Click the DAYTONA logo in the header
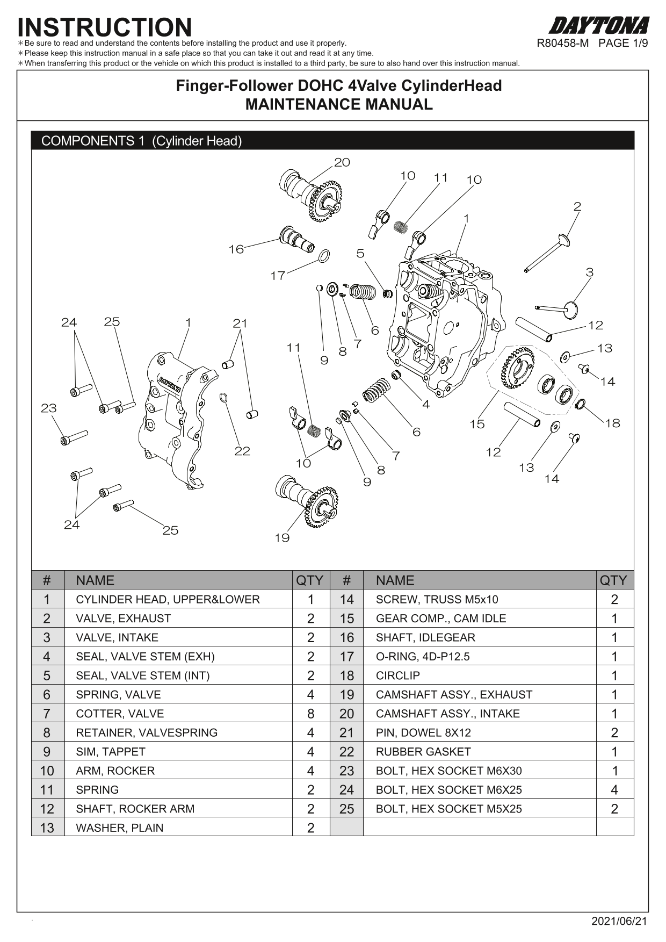[x=599, y=26]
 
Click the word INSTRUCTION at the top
[x=105, y=27]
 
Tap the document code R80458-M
[x=563, y=44]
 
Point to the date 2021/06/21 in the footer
[x=619, y=921]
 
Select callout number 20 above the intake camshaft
[x=342, y=162]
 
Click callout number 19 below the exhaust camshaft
[x=282, y=538]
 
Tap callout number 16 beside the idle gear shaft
[x=236, y=249]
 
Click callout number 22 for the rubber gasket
[x=242, y=451]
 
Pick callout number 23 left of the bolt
[x=49, y=408]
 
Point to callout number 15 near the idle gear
[x=477, y=424]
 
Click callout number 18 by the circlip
[x=613, y=423]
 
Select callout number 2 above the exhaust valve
[x=577, y=206]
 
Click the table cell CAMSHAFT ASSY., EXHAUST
[x=454, y=695]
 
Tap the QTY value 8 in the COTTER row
[x=310, y=714]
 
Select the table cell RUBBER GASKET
[x=423, y=752]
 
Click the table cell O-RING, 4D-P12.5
[x=423, y=657]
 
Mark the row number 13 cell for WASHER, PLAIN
[x=47, y=828]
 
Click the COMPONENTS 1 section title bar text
[x=142, y=141]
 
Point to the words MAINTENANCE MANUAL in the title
[x=339, y=104]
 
